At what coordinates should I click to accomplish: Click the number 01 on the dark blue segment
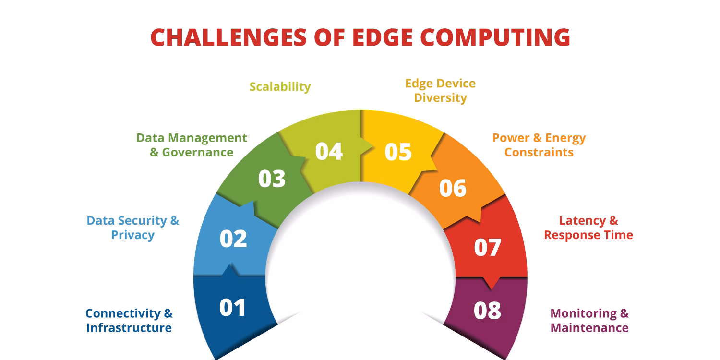coord(233,308)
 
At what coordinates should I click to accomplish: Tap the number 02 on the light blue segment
coord(233,239)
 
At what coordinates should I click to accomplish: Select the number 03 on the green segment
coord(272,179)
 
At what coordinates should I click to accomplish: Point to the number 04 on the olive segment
coord(329,151)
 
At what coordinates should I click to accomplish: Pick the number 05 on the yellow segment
coord(398,152)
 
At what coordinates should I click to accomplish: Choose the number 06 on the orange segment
coord(453,188)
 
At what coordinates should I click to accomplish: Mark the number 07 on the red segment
coord(487,247)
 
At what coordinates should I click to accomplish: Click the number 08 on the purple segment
coord(487,310)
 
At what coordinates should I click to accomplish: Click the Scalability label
coord(280,87)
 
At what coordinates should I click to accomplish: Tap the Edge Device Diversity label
coord(440,90)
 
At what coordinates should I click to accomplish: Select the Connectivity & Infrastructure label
coord(129,321)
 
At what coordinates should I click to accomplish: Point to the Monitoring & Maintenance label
coord(589,321)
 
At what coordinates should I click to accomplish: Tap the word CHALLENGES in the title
coord(228,37)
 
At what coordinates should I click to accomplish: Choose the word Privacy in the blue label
coord(132,235)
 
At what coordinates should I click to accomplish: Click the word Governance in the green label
coord(197,152)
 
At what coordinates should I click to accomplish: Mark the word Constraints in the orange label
coord(539,152)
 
